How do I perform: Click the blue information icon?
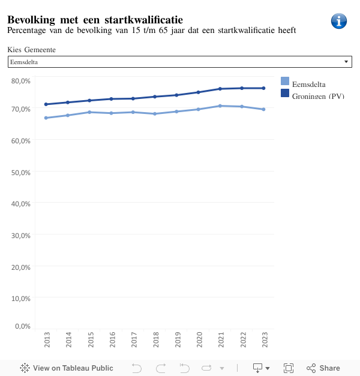(339, 21)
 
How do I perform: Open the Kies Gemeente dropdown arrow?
(346, 62)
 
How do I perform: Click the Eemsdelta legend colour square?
(285, 81)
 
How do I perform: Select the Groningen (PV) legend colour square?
(285, 93)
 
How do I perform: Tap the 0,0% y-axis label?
(22, 326)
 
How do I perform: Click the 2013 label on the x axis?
(47, 339)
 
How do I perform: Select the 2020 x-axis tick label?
(199, 339)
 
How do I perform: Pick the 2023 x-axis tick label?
(264, 339)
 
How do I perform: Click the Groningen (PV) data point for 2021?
(220, 89)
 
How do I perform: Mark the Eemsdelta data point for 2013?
(46, 118)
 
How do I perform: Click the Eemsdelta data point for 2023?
(263, 109)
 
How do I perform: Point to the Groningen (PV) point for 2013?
(46, 104)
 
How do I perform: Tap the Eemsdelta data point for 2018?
(155, 113)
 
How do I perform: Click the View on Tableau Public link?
(67, 368)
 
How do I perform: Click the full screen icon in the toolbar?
(288, 368)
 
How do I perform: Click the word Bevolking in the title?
(31, 20)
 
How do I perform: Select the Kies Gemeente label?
(32, 50)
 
